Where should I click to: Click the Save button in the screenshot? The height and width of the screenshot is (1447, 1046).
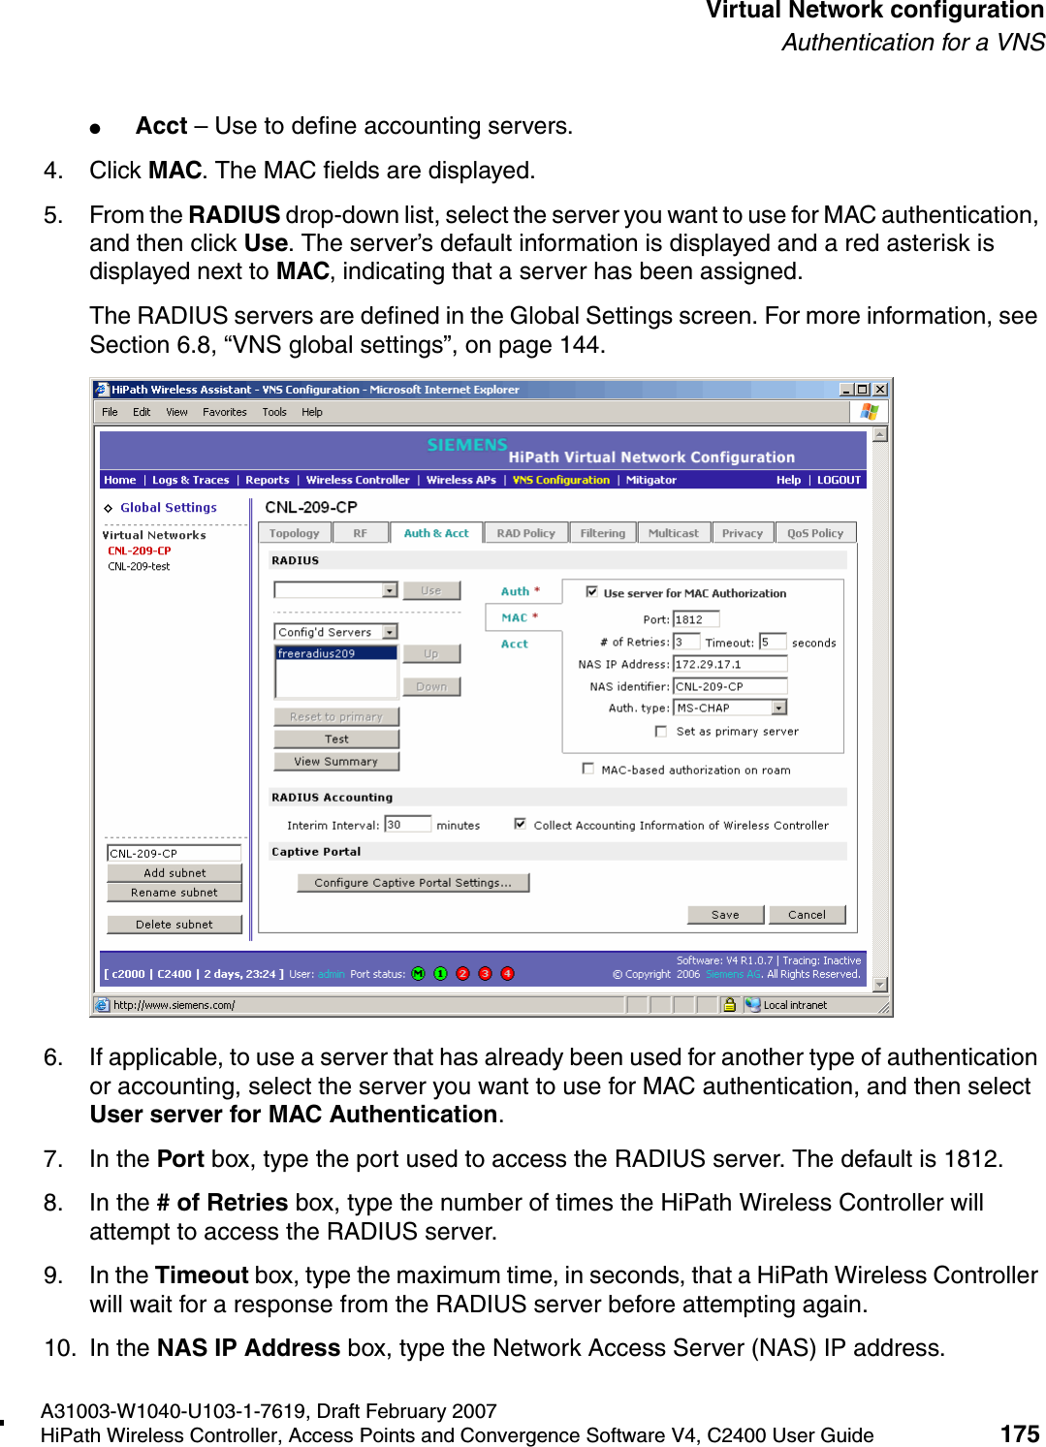pos(725,915)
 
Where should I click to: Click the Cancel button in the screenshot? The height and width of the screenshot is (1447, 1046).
pos(807,915)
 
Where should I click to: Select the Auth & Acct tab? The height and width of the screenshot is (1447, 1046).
pos(435,533)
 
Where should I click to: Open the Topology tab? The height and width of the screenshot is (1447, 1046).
pos(294,533)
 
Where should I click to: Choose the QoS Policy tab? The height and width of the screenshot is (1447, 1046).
pos(814,533)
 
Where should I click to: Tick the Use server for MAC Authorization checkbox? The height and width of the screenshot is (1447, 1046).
pos(591,592)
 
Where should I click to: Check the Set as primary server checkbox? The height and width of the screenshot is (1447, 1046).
pos(661,732)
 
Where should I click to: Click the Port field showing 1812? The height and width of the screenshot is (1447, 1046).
pos(695,619)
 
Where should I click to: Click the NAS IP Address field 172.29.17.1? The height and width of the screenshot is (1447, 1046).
pos(729,664)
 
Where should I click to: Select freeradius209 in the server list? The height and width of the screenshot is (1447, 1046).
pos(317,653)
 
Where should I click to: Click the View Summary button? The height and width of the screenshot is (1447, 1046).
pos(335,762)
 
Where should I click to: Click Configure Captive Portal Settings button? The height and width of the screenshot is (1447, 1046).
pos(413,883)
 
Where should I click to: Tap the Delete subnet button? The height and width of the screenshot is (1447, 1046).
pos(174,925)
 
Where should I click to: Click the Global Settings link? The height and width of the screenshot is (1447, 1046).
pos(169,508)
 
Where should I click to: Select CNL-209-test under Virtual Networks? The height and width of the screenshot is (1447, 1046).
pos(139,567)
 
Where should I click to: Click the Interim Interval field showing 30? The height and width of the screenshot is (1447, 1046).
pos(406,825)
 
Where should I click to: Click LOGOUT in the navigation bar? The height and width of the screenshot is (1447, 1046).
pos(839,480)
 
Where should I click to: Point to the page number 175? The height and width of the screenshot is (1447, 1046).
pos(1019,1433)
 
